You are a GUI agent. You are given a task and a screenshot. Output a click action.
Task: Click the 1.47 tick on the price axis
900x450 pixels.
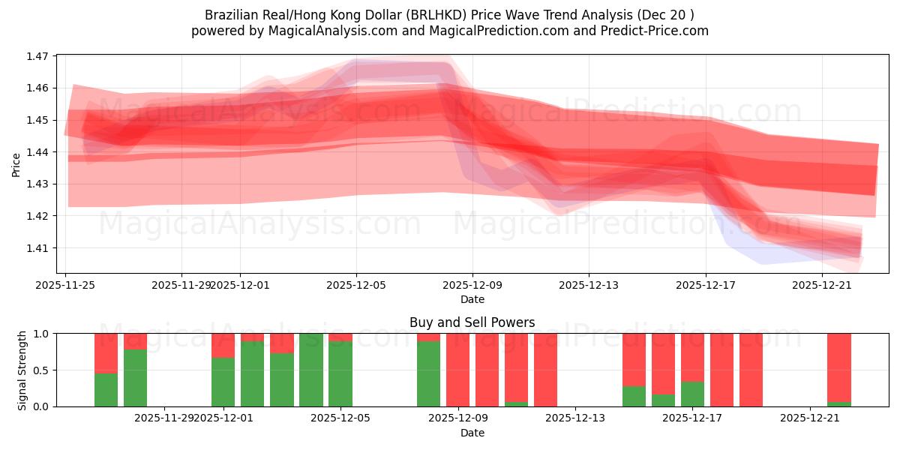37,56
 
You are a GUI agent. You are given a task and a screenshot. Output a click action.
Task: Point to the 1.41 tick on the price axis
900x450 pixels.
37,248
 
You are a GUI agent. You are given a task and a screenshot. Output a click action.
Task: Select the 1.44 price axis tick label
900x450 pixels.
37,152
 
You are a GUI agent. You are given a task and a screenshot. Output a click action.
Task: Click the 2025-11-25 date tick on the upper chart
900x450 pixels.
66,285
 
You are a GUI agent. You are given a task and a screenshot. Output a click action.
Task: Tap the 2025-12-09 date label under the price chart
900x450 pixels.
472,285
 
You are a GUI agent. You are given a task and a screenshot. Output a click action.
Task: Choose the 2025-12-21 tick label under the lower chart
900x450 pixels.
810,418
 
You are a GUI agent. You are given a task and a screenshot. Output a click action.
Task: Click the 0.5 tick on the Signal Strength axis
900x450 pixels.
42,370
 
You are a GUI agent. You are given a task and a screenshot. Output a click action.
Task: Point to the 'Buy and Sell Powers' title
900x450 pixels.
472,323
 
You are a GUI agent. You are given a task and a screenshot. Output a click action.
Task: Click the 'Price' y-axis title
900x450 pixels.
16,164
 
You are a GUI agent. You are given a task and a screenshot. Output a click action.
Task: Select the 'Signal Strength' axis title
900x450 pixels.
22,370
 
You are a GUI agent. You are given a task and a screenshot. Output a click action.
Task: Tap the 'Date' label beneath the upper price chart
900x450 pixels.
472,299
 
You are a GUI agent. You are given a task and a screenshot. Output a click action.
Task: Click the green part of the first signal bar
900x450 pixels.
106,390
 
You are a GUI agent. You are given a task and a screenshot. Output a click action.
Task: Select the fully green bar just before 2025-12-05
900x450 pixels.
311,370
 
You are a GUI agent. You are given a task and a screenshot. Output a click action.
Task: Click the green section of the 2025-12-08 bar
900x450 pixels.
429,373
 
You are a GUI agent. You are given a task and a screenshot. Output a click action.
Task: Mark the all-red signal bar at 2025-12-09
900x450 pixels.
458,370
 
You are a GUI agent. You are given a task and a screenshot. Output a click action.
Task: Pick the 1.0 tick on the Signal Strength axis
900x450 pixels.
42,334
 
